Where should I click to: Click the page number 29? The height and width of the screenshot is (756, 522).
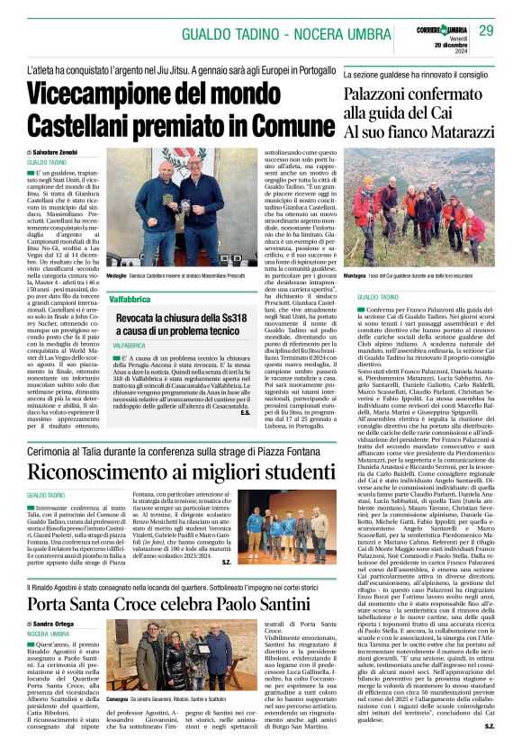[485, 31]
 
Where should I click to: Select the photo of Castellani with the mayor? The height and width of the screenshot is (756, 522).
[179, 212]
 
